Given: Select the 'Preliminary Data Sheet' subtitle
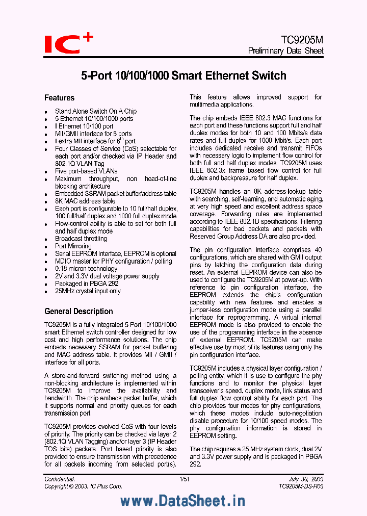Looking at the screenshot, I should (285, 51).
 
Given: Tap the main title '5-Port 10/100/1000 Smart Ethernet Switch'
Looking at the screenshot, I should (184, 76).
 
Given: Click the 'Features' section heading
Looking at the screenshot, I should (59, 98).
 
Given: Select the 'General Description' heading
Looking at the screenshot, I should (78, 312).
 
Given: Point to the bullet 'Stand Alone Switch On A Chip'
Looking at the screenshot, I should (96, 111).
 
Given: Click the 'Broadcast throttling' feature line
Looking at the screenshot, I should (81, 239).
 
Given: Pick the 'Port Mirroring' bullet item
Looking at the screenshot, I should (73, 246).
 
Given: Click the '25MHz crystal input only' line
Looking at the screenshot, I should (88, 291).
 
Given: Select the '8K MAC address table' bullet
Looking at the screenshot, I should (85, 201).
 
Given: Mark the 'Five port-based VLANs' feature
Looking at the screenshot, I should (86, 171).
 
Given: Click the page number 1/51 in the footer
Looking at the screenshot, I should (184, 479).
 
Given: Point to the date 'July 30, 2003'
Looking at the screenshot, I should (306, 479).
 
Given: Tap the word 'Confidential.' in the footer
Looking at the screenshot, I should (60, 479).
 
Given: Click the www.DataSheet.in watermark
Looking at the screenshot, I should (183, 501).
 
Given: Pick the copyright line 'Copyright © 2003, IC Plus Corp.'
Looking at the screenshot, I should (83, 486).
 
